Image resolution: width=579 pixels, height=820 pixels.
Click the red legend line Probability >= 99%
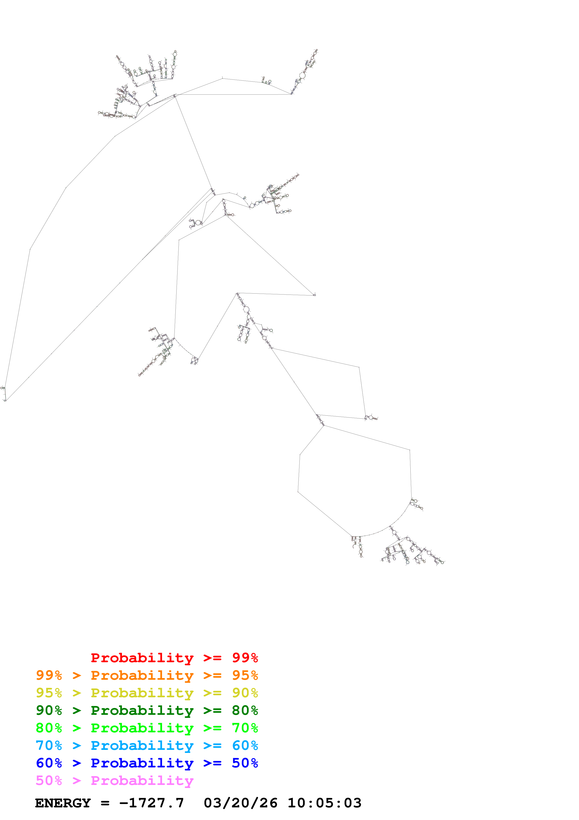coord(174,658)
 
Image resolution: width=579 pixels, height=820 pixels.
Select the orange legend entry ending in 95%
coord(147,675)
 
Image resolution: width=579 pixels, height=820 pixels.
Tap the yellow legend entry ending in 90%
coord(147,693)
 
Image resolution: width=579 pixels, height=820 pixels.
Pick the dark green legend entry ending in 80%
coord(147,710)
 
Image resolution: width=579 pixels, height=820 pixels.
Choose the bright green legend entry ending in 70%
coord(147,728)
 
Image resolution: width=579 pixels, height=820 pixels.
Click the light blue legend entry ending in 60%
coord(147,745)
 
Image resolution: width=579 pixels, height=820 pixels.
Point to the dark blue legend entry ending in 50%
coord(147,763)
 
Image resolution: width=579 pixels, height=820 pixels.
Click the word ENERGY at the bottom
coord(63,803)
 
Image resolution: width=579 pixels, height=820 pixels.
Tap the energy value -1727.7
coord(152,803)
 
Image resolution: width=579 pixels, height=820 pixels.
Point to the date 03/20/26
coord(240,803)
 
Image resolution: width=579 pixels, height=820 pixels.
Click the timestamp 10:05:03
coord(324,803)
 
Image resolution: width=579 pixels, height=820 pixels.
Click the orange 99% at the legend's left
coord(49,675)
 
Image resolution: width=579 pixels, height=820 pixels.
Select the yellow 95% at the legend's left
coord(49,693)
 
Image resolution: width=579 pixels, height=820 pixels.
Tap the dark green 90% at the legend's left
coord(49,710)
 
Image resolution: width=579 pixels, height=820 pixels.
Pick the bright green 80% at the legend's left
coord(49,728)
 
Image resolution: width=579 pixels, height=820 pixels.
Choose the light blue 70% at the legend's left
coord(49,745)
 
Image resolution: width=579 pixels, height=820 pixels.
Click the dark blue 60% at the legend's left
coord(49,763)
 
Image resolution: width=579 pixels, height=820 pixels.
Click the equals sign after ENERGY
coord(105,803)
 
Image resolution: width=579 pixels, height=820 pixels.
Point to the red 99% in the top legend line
coord(245,658)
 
